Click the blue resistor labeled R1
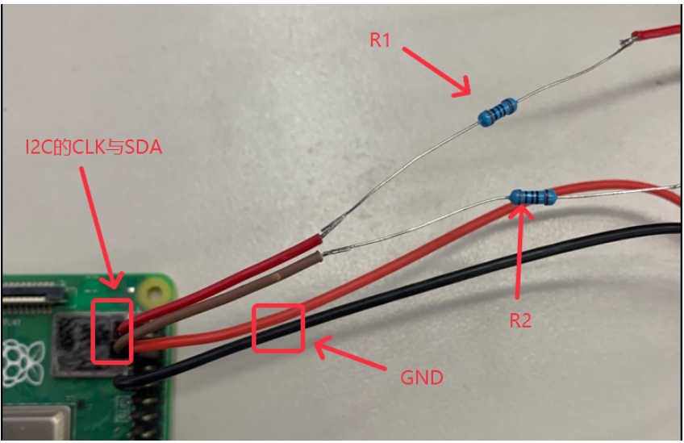[x=497, y=111]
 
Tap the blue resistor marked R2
[x=532, y=197]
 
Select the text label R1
[x=380, y=40]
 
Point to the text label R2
[x=520, y=320]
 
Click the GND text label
[x=422, y=378]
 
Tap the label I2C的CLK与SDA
[x=94, y=148]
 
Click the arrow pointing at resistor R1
[x=436, y=71]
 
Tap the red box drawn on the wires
[x=278, y=328]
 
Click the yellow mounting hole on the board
[x=151, y=290]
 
